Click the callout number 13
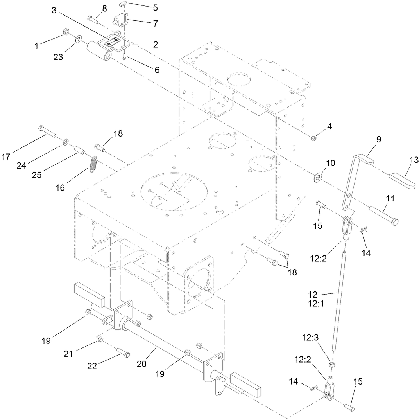(x=414, y=160)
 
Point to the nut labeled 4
(x=313, y=138)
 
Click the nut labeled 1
(x=65, y=32)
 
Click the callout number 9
(x=378, y=139)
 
